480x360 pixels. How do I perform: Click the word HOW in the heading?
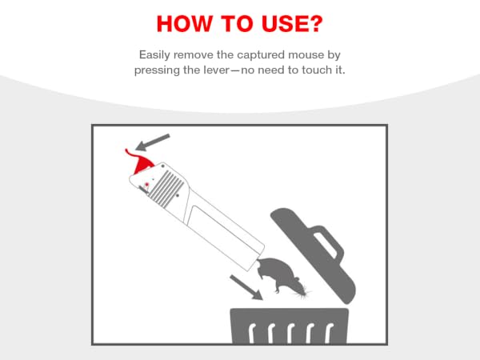184,23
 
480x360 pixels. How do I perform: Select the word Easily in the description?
154,55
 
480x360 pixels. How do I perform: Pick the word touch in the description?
316,70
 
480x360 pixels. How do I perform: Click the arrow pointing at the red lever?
153,142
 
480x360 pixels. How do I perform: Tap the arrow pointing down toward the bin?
246,287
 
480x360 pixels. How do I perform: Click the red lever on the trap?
139,162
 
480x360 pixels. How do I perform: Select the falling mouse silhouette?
281,275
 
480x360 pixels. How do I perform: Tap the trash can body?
290,326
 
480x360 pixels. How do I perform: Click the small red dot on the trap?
146,184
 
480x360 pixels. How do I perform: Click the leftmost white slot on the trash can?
252,333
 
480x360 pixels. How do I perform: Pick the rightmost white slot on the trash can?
329,333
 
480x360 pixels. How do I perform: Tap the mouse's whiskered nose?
304,293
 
